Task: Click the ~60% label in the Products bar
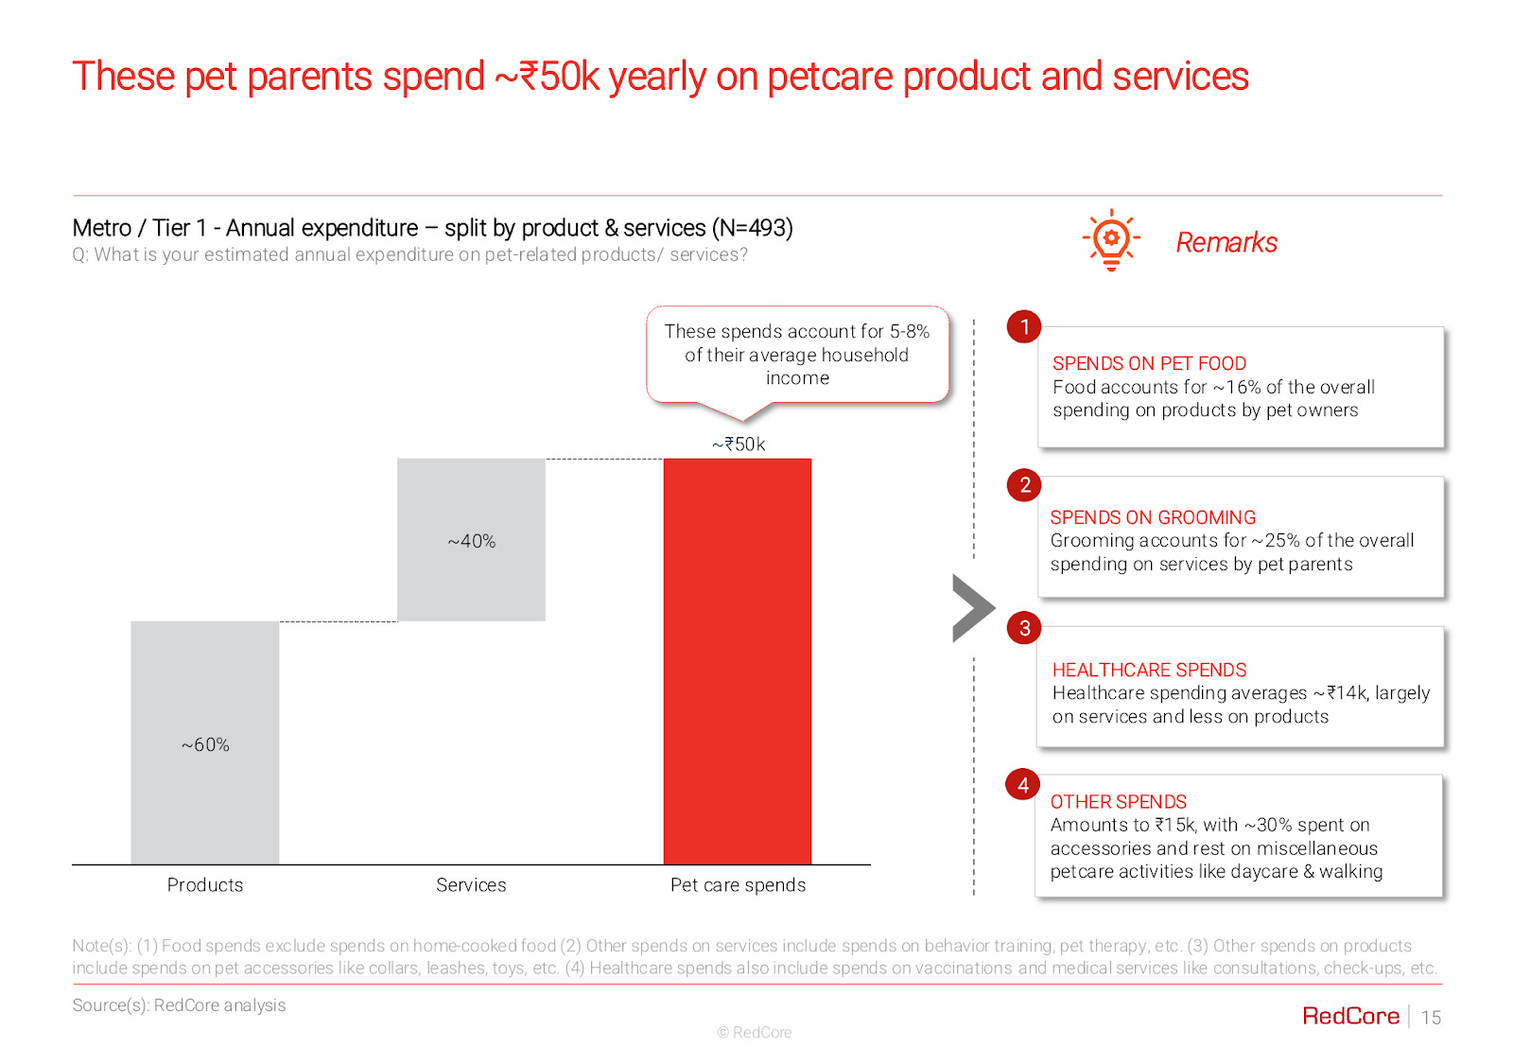(205, 744)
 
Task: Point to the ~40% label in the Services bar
(471, 541)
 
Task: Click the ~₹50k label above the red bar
(739, 444)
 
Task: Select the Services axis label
(471, 884)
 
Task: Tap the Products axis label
(205, 884)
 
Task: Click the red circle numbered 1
(1024, 327)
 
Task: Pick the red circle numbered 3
(1024, 628)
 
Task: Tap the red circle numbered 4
(1023, 785)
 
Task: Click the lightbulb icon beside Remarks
(1111, 240)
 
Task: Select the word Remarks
(1226, 243)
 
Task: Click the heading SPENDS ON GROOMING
(1153, 517)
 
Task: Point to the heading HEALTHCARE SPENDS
(1149, 670)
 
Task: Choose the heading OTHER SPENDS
(1119, 801)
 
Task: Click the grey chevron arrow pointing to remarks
(971, 608)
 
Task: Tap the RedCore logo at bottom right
(1350, 1016)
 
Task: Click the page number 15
(1431, 1018)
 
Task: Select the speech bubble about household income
(797, 356)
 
